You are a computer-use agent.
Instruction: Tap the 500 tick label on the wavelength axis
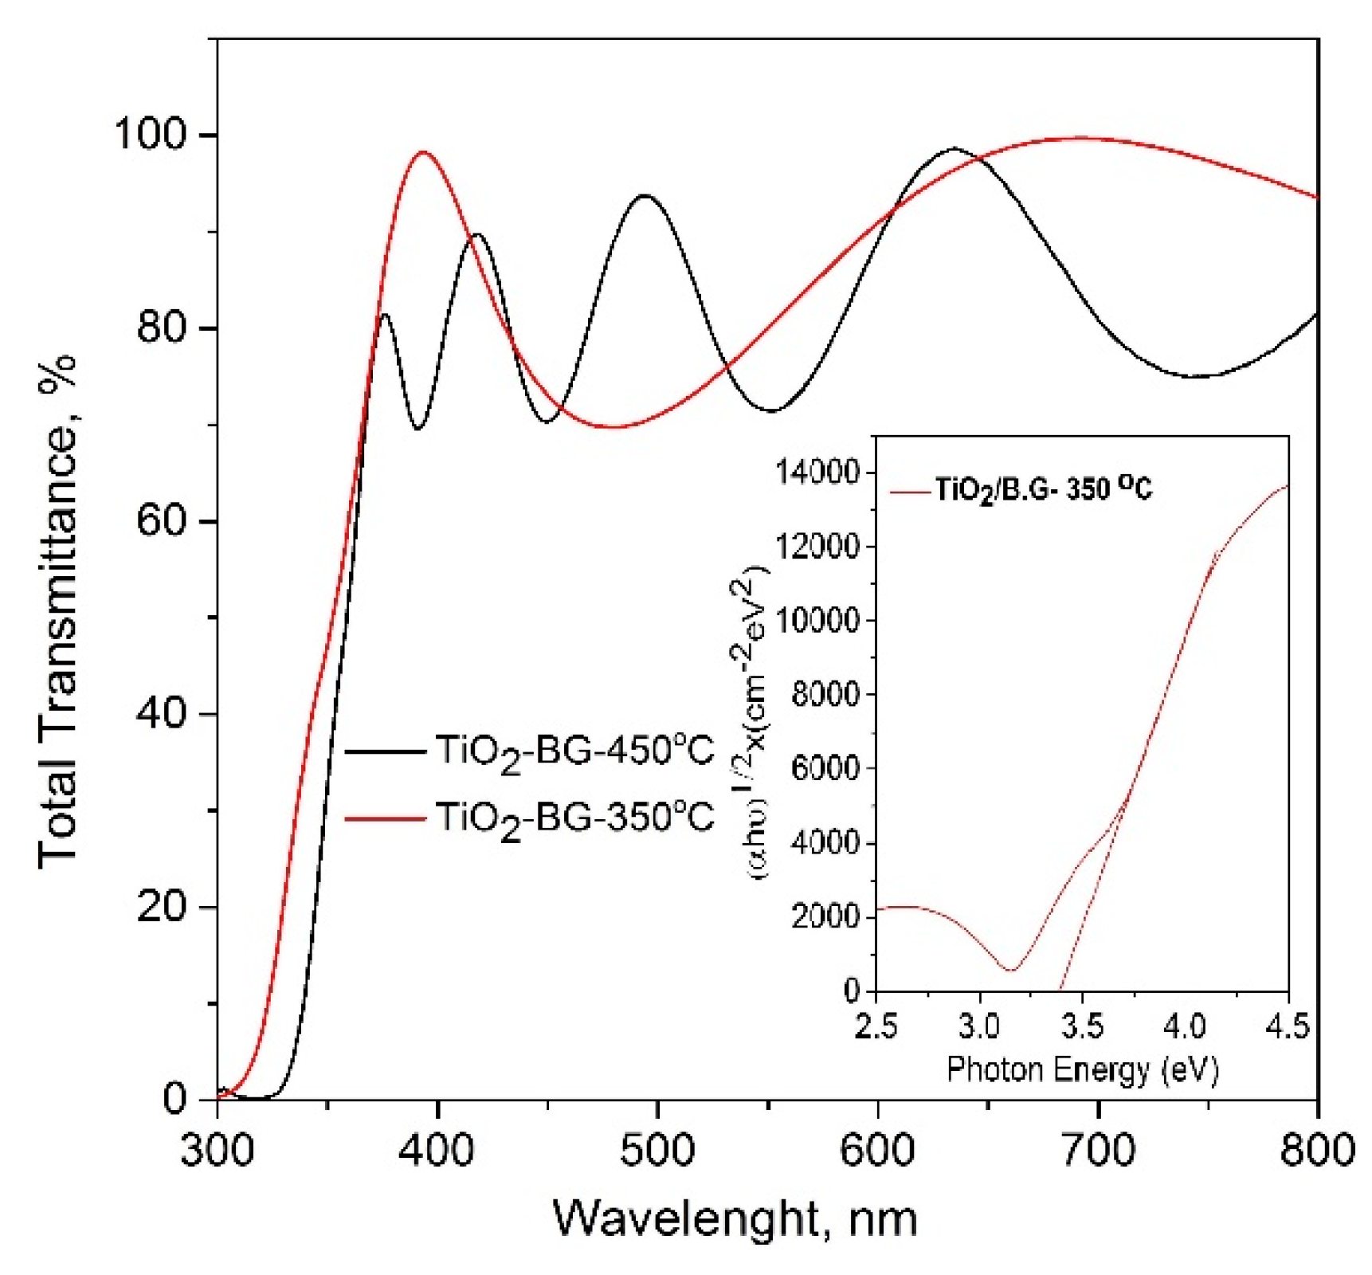[x=658, y=1149]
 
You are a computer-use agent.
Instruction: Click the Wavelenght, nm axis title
[x=735, y=1218]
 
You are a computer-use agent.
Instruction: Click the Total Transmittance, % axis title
[x=57, y=610]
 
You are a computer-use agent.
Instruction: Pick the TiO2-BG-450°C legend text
[x=574, y=751]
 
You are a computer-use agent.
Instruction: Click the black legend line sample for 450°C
[x=385, y=751]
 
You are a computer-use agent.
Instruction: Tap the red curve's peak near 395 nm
[x=422, y=152]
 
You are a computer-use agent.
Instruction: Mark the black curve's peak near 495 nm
[x=645, y=195]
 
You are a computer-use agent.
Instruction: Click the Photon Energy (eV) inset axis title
[x=1082, y=1069]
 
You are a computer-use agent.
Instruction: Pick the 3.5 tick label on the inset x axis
[x=1081, y=1026]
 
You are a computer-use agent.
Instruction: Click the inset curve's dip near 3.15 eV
[x=1011, y=970]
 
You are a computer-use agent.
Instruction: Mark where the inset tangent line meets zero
[x=1060, y=991]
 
